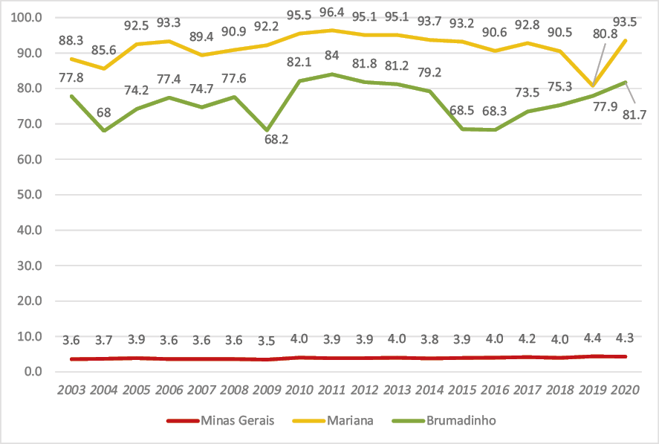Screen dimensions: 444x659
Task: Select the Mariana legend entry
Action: [350, 421]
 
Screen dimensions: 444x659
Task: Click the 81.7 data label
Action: [636, 114]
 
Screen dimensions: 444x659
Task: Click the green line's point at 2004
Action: [103, 130]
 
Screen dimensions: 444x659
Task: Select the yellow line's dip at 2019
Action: [593, 86]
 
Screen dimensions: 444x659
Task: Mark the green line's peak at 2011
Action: [332, 74]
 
